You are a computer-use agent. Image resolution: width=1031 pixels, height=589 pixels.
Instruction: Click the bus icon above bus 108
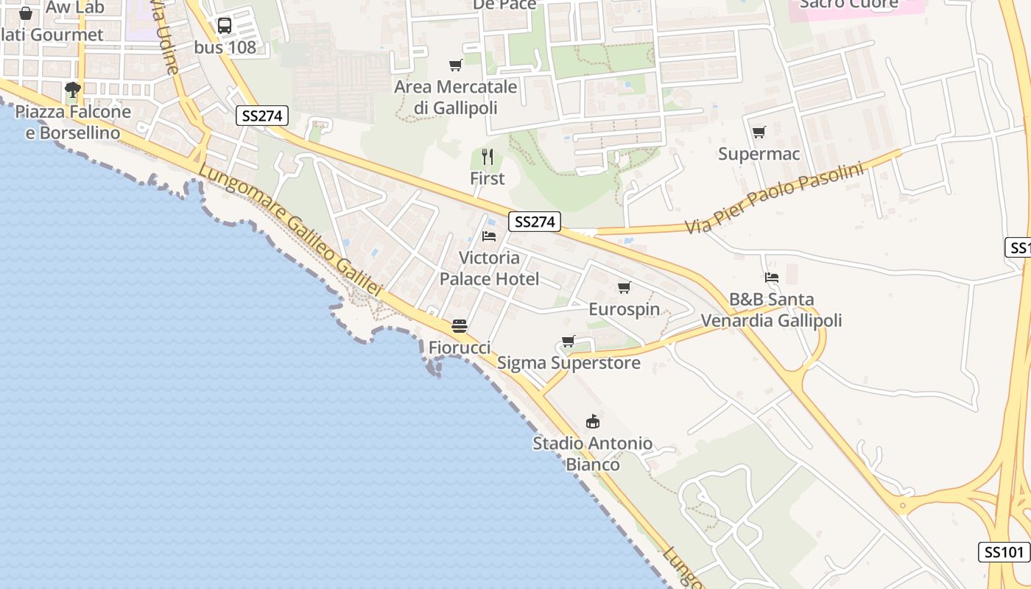(x=225, y=26)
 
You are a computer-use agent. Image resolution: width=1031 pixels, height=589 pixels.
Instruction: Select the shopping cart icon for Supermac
(x=759, y=133)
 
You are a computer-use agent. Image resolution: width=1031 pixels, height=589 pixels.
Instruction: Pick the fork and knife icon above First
(x=487, y=156)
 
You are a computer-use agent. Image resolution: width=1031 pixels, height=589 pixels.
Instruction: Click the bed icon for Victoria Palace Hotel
(x=489, y=236)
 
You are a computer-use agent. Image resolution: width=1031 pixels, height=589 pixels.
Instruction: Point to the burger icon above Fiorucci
(x=460, y=325)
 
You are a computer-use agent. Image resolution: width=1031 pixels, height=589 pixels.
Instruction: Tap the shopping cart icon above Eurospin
(x=624, y=287)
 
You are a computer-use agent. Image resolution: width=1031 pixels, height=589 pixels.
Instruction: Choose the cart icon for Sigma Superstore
(x=568, y=341)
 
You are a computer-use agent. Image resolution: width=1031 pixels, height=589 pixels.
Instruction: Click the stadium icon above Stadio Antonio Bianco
(x=592, y=421)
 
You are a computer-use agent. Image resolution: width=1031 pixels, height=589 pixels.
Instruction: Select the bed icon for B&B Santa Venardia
(x=771, y=278)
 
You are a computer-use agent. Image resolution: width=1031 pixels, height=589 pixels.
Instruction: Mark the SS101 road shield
(x=1004, y=552)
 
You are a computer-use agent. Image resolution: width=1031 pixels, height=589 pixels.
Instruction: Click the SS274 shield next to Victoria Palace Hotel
(x=534, y=222)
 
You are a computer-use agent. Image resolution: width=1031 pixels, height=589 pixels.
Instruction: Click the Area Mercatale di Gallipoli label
(x=456, y=97)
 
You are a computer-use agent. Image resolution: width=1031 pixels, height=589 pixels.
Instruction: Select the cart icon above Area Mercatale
(x=456, y=66)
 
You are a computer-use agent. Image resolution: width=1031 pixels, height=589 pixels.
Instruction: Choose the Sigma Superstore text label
(x=569, y=363)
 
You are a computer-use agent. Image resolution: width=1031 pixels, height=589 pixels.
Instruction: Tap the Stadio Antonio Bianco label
(x=592, y=454)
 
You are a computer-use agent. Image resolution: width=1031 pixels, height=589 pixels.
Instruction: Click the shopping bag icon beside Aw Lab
(x=26, y=13)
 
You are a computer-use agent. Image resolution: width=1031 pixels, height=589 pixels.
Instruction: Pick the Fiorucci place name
(x=460, y=347)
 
